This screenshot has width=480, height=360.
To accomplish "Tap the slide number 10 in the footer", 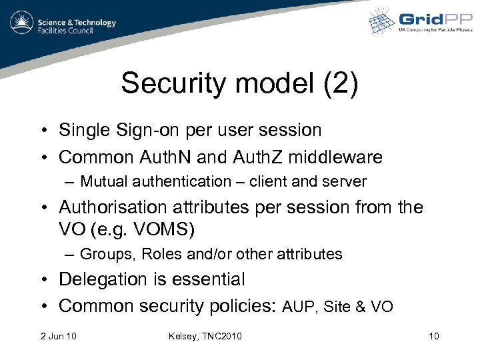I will pyautogui.click(x=433, y=335).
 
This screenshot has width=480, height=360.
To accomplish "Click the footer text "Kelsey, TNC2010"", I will pyautogui.click(x=205, y=335).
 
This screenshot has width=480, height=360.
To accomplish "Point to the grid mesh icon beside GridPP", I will pyautogui.click(x=383, y=22).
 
